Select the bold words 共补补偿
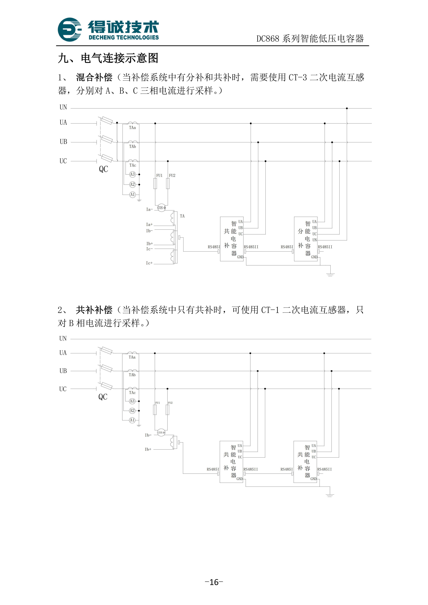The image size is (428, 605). [94, 310]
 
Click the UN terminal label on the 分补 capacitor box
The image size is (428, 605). [315, 240]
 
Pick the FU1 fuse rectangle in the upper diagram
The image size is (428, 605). [155, 184]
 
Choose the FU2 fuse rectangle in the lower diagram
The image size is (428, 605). [167, 410]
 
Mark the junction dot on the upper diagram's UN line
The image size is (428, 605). [347, 108]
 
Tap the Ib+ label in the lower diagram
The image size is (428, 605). [148, 449]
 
